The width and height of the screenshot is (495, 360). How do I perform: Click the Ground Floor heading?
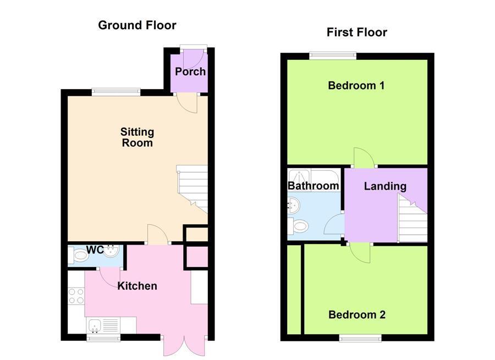tap(137, 25)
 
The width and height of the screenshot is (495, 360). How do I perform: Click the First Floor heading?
tap(356, 32)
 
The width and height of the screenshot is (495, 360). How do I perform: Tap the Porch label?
tap(190, 71)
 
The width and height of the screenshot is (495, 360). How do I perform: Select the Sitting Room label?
tap(137, 137)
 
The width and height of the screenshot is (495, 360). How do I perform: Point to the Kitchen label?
tap(137, 286)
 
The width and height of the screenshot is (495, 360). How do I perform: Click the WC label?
tap(95, 250)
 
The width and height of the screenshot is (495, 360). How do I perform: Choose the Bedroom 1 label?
tap(356, 86)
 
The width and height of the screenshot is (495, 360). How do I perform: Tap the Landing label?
tap(385, 186)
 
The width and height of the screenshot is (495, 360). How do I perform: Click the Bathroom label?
tap(313, 186)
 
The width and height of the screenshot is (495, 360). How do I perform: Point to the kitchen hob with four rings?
tap(76, 296)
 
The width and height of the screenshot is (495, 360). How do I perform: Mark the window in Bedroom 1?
tap(332, 55)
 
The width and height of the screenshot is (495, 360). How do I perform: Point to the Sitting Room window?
tap(116, 92)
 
